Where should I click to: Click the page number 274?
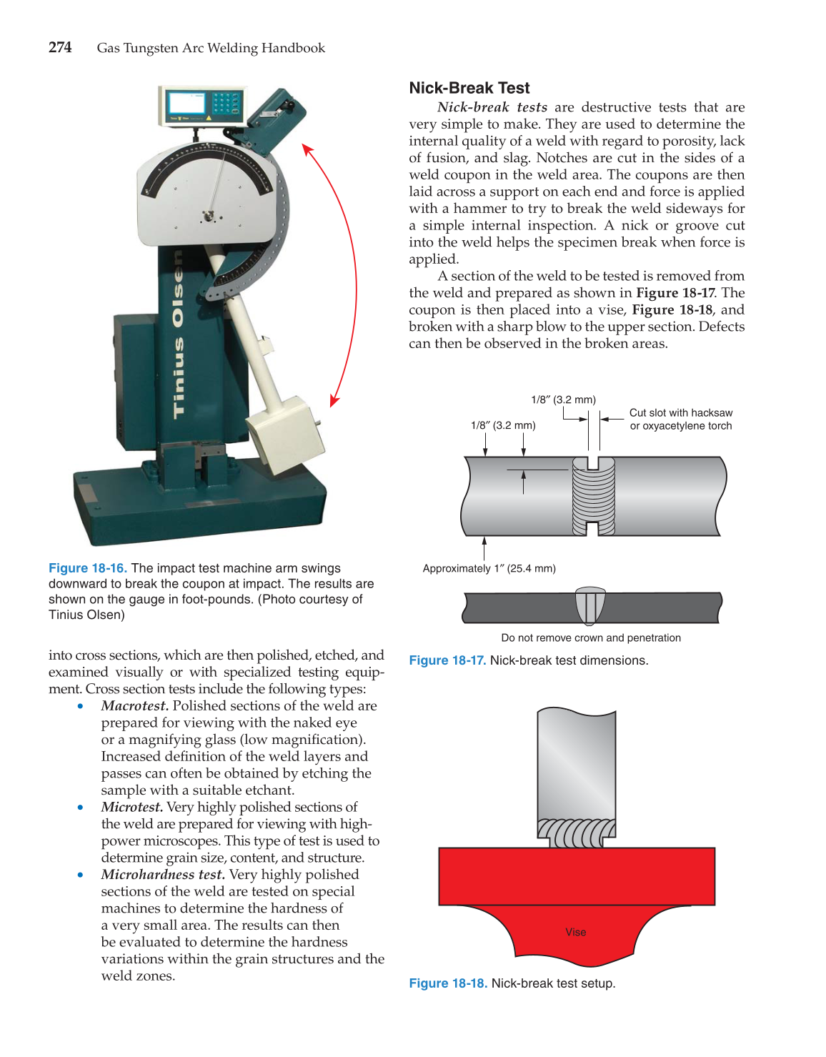click(60, 48)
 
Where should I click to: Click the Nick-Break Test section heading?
click(469, 88)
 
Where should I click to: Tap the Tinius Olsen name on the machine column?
click(179, 336)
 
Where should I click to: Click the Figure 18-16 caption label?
click(87, 568)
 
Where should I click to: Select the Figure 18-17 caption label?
click(447, 660)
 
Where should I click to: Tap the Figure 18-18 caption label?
click(447, 983)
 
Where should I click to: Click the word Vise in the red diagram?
click(575, 932)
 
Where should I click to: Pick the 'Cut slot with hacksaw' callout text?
click(680, 413)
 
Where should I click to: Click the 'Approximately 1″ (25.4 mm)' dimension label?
click(489, 568)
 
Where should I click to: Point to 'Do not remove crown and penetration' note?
click(590, 637)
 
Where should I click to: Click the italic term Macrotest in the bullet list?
click(134, 706)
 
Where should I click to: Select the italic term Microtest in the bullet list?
click(131, 808)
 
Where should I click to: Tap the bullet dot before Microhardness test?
click(81, 875)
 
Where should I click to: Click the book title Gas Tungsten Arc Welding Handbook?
click(211, 48)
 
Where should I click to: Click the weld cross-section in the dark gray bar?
click(590, 606)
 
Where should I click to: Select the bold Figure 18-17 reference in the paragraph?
click(675, 293)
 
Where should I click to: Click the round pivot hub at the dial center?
click(209, 215)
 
